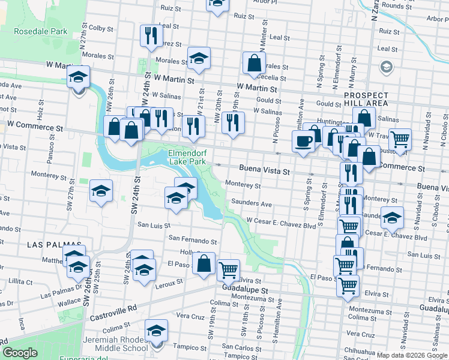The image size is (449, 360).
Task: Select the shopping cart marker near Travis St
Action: click(x=400, y=140)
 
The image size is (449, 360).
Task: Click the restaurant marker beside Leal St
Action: click(x=151, y=35)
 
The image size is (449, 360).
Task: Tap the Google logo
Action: click(x=20, y=353)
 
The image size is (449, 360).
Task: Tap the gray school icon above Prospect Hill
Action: click(x=386, y=66)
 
